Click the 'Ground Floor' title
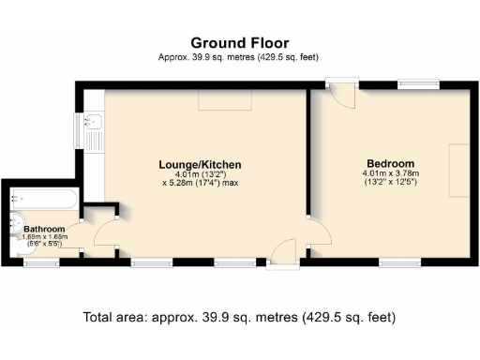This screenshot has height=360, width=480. coord(240,42)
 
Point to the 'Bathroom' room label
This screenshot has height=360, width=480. coord(44,229)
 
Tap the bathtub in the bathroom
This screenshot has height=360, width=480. coord(44,199)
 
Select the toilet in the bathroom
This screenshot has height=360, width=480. coord(12,225)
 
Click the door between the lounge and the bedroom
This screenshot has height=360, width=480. coord(317,232)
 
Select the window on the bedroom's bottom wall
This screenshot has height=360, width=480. coord(399,262)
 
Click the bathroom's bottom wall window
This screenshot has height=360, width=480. coord(40,262)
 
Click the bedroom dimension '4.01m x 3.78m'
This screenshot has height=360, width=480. coord(394,173)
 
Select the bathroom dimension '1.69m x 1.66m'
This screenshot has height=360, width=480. coord(44,237)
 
